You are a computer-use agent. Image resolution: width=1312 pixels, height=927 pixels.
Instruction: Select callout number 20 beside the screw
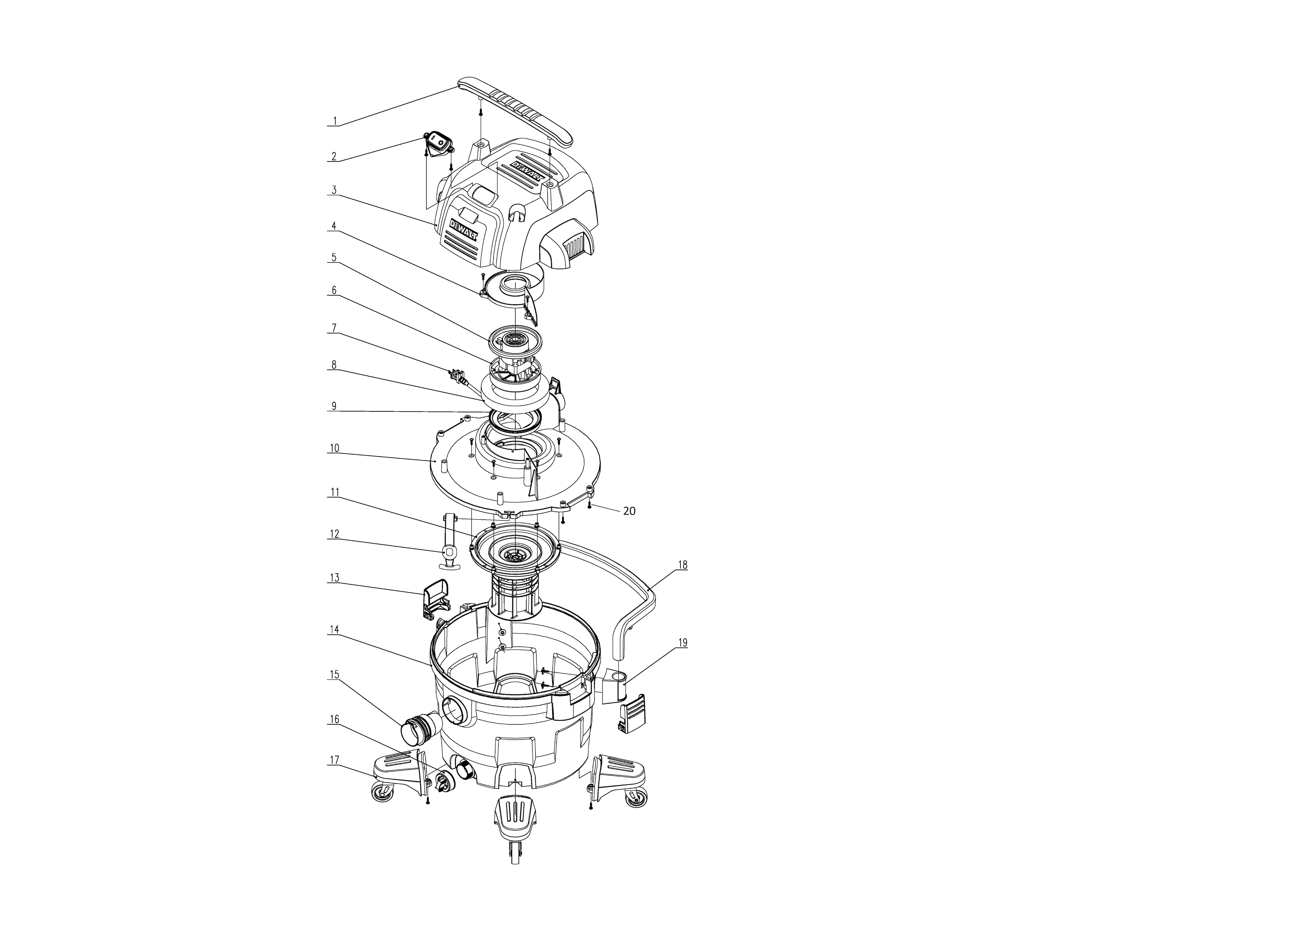(x=629, y=511)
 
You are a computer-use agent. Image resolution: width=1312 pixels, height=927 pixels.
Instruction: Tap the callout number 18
(x=683, y=565)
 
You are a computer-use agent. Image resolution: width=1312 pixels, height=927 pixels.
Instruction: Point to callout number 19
(x=683, y=643)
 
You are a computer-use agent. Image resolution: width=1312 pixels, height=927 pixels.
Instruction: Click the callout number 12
(x=334, y=534)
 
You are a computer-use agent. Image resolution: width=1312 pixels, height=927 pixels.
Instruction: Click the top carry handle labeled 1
(x=514, y=109)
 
